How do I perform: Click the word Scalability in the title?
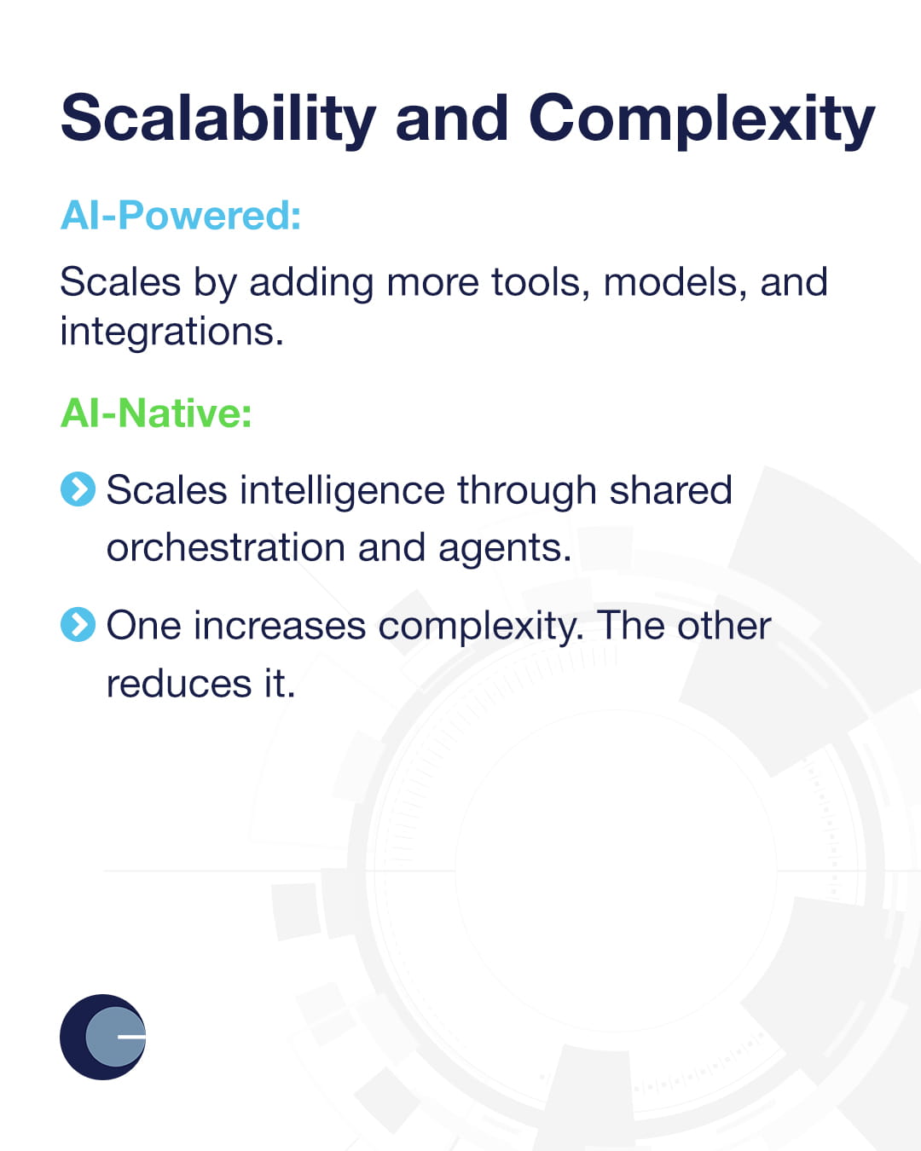[218, 119]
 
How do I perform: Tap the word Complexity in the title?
[701, 119]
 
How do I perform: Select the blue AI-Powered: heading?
[181, 215]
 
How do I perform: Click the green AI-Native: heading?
[156, 414]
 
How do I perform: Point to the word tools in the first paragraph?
[541, 282]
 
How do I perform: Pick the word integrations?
[171, 332]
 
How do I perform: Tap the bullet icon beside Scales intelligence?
[78, 489]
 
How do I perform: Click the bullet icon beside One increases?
[78, 625]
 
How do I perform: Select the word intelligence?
[342, 491]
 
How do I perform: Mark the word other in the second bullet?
[724, 626]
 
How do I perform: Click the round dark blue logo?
[103, 1037]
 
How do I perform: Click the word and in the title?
[452, 119]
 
